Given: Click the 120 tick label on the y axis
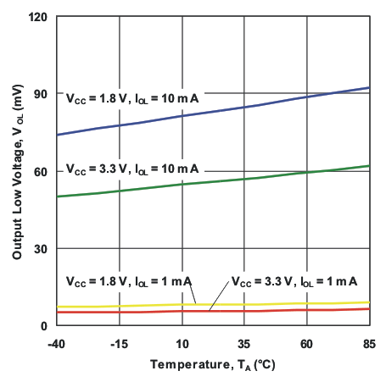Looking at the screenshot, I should (39, 16).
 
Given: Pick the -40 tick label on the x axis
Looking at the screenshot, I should (57, 345).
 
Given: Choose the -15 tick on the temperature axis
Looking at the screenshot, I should (120, 345).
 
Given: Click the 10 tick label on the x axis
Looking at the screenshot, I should (182, 345).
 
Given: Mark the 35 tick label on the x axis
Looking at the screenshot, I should (244, 345).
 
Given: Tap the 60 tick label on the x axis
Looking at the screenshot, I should (306, 345).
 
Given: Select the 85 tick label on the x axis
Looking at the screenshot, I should (369, 345).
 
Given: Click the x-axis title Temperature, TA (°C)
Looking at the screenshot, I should (213, 365).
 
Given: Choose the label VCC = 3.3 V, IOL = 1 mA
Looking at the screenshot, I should (294, 280).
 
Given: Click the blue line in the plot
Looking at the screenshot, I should (212, 113).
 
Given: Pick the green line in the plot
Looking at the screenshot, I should (212, 181).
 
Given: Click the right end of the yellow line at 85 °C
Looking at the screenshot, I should (368, 302).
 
